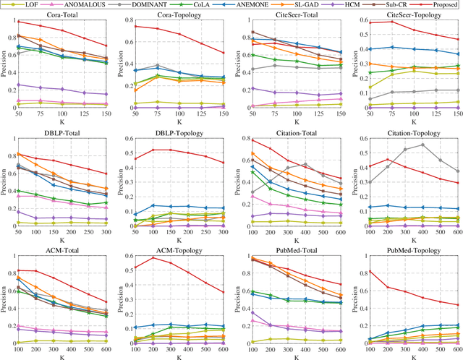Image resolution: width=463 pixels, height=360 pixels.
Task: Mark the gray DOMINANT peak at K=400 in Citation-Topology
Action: (x=403, y=145)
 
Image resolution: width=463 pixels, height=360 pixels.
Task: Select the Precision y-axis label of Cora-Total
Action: (x=6, y=65)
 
